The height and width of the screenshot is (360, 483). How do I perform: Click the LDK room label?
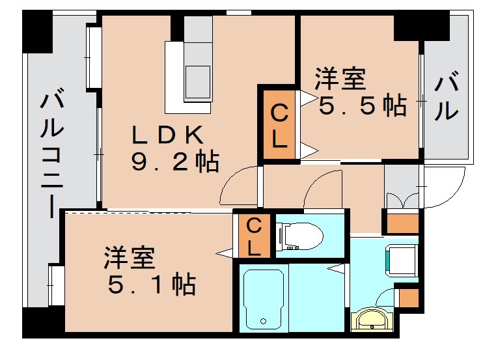[169, 135]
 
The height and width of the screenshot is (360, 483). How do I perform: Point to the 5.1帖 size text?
[152, 284]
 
